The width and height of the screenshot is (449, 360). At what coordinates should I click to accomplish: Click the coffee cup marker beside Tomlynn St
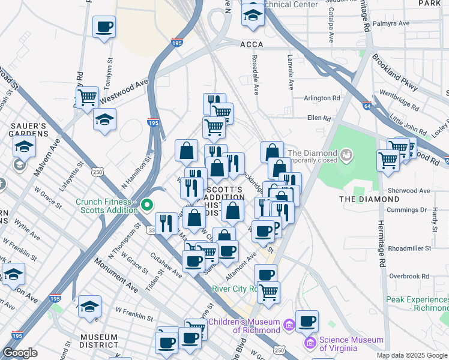click(x=104, y=27)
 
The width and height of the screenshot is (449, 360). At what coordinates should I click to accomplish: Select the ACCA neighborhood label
click(x=252, y=44)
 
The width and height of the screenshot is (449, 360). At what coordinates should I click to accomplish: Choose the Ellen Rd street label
click(x=319, y=118)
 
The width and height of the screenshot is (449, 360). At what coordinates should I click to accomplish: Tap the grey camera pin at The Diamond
click(x=346, y=157)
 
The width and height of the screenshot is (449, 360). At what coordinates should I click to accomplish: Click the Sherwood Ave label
click(x=409, y=190)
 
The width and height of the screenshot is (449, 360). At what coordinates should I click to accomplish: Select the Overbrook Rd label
click(x=409, y=276)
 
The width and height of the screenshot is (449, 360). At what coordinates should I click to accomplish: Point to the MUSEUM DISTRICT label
click(x=98, y=340)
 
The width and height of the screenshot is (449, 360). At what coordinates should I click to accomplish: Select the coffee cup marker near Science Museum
click(x=307, y=321)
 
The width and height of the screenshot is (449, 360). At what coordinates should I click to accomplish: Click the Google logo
click(x=20, y=353)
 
